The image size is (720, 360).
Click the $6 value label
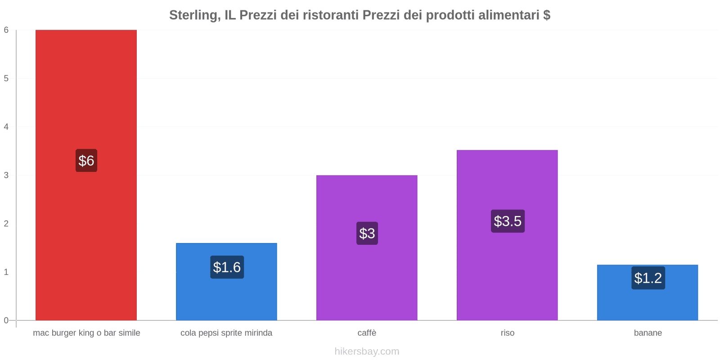click(x=86, y=161)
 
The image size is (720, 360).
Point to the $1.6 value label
click(x=227, y=267)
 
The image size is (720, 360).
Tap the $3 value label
click(x=367, y=233)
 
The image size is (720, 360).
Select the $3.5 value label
click(x=508, y=221)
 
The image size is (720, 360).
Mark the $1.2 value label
click(x=648, y=278)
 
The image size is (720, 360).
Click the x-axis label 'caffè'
click(x=367, y=333)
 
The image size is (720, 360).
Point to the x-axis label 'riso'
click(x=508, y=333)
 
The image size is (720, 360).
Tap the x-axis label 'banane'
click(x=648, y=333)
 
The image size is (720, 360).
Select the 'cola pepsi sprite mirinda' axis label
click(x=226, y=333)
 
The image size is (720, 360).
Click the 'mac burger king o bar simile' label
click(x=86, y=333)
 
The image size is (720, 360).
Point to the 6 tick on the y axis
click(x=6, y=30)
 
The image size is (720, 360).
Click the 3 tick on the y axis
click(x=6, y=175)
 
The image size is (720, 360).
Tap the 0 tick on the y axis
click(x=6, y=320)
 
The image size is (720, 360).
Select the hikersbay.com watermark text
click(x=367, y=351)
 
